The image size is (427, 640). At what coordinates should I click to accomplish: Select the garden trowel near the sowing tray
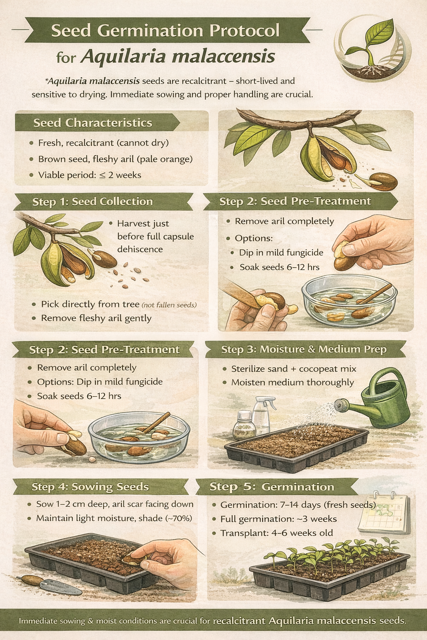[49, 584]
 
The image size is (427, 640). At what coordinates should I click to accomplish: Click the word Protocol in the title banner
[244, 30]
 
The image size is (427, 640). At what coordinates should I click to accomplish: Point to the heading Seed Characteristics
[93, 123]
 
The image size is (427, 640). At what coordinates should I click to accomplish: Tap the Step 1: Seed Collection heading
[93, 202]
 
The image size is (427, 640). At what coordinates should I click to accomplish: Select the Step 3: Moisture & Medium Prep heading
[304, 349]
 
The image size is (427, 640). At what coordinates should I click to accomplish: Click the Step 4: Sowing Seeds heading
[90, 487]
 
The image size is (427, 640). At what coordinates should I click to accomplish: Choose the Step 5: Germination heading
[272, 487]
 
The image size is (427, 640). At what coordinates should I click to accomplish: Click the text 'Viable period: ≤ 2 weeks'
[90, 175]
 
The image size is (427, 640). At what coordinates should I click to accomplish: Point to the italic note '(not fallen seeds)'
[169, 305]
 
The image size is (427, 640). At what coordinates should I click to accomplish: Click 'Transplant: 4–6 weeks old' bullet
[276, 533]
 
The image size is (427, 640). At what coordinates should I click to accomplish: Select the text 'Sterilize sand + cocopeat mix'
[294, 369]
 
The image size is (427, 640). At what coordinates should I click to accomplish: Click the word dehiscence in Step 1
[140, 249]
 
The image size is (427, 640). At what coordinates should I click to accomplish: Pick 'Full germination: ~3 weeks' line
[278, 519]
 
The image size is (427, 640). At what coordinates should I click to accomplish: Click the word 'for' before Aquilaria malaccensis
[66, 57]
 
